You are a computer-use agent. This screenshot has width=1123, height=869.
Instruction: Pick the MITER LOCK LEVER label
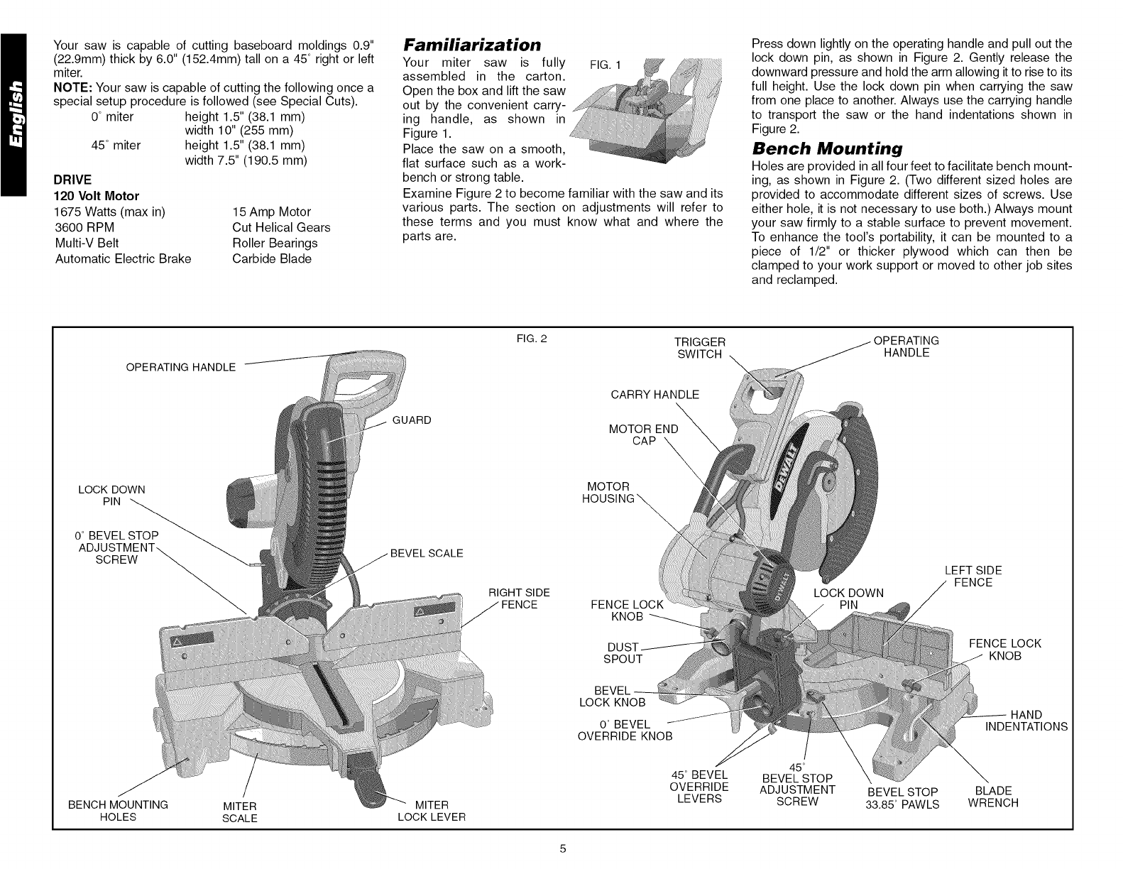pos(431,810)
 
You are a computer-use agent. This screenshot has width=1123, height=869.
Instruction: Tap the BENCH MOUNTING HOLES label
pos(118,810)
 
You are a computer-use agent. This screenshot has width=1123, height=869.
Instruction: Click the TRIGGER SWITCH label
pos(700,348)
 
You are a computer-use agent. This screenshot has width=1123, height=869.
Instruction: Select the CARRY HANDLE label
pos(654,394)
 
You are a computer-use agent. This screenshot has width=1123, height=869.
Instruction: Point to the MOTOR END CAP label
pos(643,434)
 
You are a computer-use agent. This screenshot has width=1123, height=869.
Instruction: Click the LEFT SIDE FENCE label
pos(973,576)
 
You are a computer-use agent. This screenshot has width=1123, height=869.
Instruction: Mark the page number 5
pos(561,848)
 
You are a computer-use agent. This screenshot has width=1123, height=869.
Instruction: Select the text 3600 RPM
pos(84,227)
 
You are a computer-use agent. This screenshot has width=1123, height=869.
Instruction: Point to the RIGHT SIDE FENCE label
pos(520,599)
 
